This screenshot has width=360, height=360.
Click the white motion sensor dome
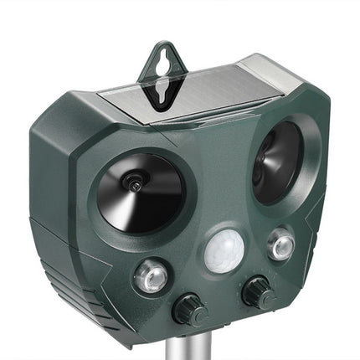point(224,250)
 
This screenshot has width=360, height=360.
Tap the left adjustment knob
point(190,311)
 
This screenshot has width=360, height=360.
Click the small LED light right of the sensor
point(280,244)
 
